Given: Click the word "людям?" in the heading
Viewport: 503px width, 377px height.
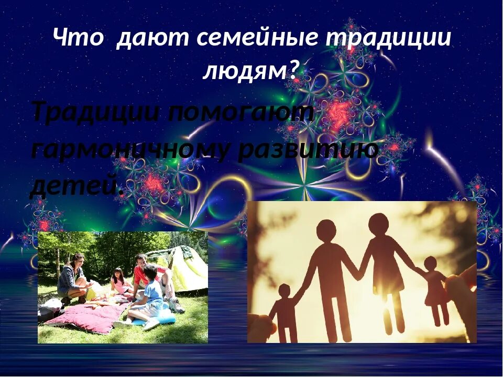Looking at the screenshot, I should point(250,70).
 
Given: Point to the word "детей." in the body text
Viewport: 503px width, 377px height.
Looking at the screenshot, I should point(76,184).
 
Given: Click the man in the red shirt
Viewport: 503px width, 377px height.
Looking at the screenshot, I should point(144,272).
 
